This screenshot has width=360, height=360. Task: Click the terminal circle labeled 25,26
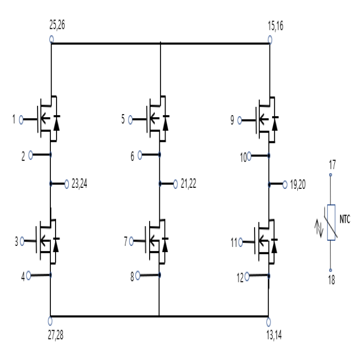(x=51, y=39)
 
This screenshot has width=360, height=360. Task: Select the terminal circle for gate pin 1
(x=21, y=120)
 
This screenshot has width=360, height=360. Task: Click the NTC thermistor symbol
(x=331, y=222)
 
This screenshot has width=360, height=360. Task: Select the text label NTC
(x=345, y=220)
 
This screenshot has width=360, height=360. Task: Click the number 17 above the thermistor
(x=332, y=165)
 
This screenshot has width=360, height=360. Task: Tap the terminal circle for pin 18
(x=331, y=270)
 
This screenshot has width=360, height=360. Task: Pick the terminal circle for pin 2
(x=31, y=154)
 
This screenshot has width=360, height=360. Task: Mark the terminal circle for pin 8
(x=139, y=276)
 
